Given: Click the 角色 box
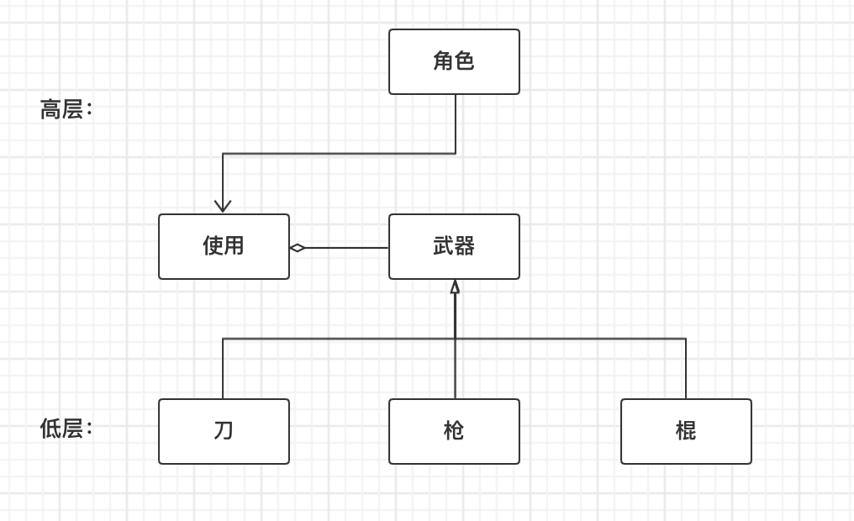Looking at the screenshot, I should coord(454,61).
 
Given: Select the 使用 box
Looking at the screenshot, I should coord(224,246).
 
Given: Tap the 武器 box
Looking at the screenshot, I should coord(454,246).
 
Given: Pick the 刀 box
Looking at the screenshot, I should coord(224,431).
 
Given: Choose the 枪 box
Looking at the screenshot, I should coord(454,431).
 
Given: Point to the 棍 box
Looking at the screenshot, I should coord(686,431).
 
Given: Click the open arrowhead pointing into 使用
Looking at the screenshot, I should coord(223,206).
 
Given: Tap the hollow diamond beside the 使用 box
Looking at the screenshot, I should coord(297,248).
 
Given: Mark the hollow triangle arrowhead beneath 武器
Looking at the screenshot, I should coord(455,287).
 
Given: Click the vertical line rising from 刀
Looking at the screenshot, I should coord(223,370).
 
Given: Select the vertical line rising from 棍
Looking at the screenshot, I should coord(686,370).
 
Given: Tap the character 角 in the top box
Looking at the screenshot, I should coord(443,61).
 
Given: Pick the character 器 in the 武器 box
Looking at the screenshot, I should coord(465,246).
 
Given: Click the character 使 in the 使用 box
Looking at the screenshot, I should coord(213,246).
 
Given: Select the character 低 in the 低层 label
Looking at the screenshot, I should coord(50,429).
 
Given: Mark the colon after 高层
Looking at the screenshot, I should coord(89,110).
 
